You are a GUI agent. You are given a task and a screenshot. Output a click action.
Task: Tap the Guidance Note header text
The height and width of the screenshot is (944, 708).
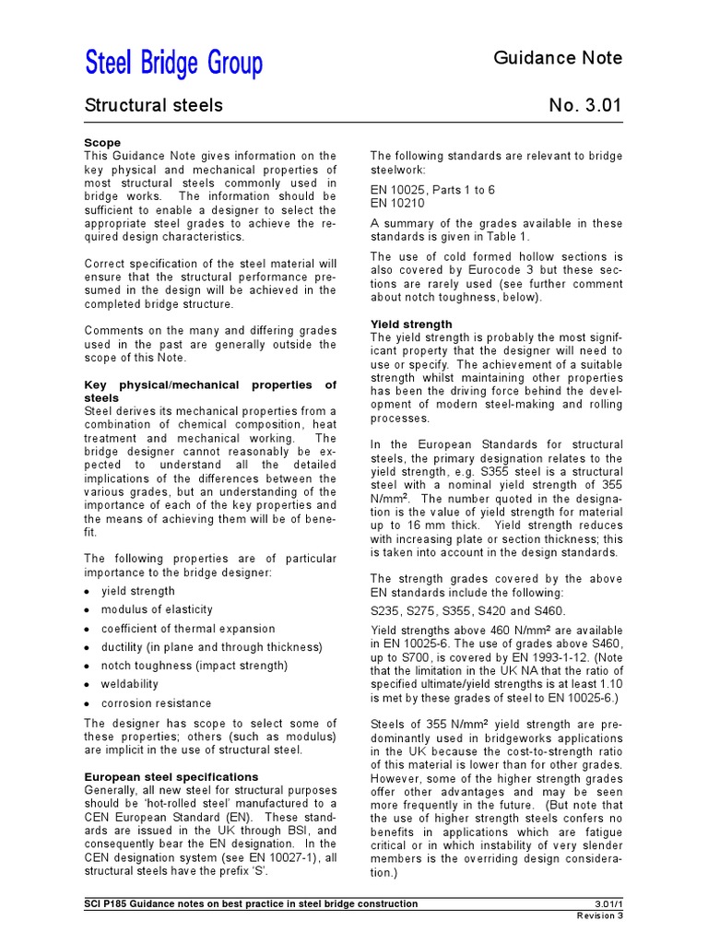tap(558, 58)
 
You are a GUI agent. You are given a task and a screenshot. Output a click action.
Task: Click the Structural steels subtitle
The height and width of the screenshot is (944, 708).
tap(153, 106)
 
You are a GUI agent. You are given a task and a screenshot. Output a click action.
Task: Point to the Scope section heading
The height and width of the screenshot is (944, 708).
tap(102, 144)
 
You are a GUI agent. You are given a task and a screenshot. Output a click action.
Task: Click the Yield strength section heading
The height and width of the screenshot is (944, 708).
tap(411, 324)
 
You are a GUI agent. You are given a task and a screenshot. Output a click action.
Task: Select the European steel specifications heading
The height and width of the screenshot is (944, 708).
tap(171, 777)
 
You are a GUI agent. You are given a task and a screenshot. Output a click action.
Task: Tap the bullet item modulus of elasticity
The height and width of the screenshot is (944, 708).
tap(157, 610)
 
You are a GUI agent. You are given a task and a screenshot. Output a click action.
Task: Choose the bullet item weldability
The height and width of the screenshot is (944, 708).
tap(130, 685)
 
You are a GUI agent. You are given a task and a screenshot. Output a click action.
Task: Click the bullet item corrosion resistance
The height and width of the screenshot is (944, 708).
tap(156, 703)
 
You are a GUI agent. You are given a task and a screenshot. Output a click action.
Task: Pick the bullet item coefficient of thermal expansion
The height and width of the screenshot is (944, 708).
tap(188, 629)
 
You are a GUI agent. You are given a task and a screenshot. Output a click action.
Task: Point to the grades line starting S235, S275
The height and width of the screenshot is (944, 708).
tap(468, 611)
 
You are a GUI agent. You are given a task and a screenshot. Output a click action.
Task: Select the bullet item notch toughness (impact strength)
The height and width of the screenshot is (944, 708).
tap(195, 666)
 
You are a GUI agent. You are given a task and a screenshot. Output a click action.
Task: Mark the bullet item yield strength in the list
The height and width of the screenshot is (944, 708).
tap(138, 591)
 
